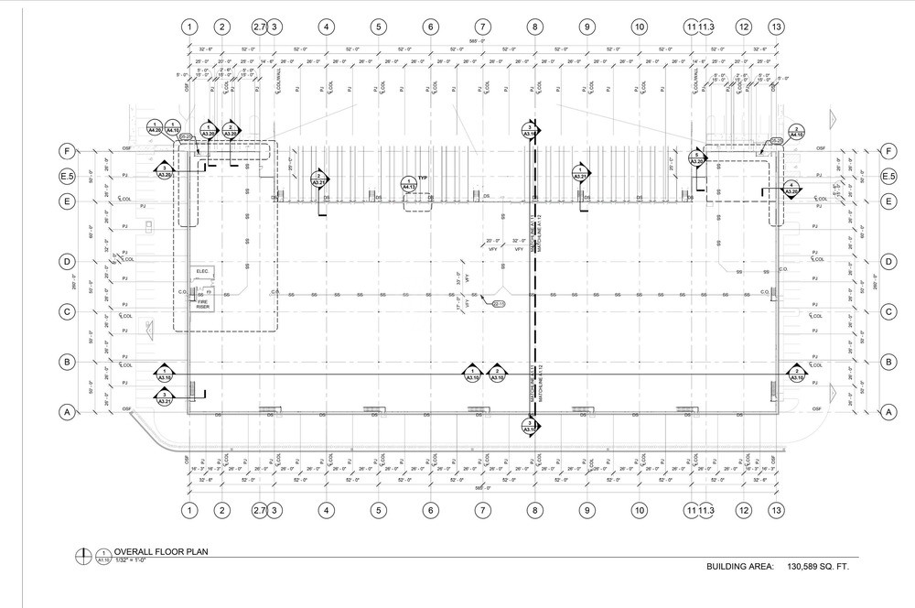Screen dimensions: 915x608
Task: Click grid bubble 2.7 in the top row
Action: [x=259, y=27]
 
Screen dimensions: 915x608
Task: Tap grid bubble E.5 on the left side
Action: [x=67, y=177]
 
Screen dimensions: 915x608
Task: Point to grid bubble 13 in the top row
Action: [x=776, y=27]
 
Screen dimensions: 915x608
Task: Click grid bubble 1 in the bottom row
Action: [x=188, y=509]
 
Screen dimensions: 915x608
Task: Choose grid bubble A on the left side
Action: [x=67, y=413]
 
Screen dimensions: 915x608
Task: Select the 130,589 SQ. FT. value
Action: [x=813, y=568]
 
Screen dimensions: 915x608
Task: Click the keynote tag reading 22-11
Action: [x=500, y=303]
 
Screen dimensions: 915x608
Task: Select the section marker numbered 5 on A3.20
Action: [x=697, y=157]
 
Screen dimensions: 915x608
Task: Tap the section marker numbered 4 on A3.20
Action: [x=791, y=190]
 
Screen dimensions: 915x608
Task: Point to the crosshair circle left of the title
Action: [x=85, y=555]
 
